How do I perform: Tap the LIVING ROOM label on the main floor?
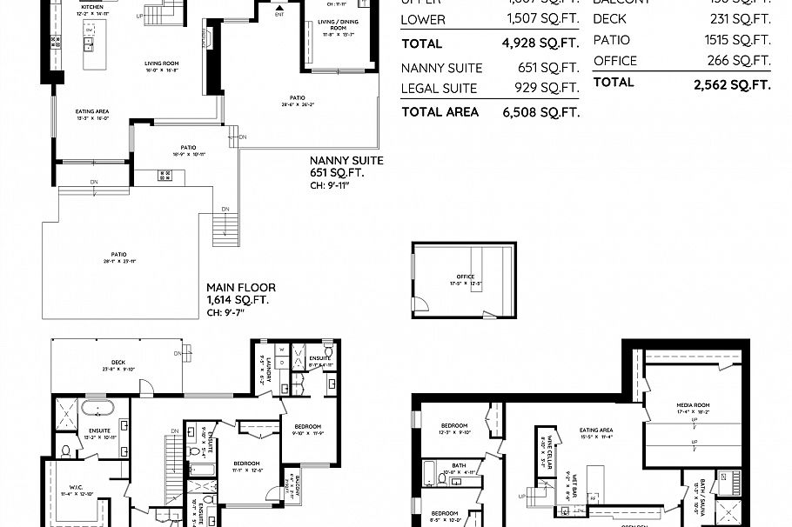click(x=161, y=63)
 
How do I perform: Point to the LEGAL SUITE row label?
click(x=439, y=88)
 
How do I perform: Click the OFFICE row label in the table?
click(x=614, y=61)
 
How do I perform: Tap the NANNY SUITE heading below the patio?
click(x=347, y=161)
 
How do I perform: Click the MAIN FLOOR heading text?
click(x=240, y=288)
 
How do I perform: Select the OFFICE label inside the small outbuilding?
click(x=465, y=277)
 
